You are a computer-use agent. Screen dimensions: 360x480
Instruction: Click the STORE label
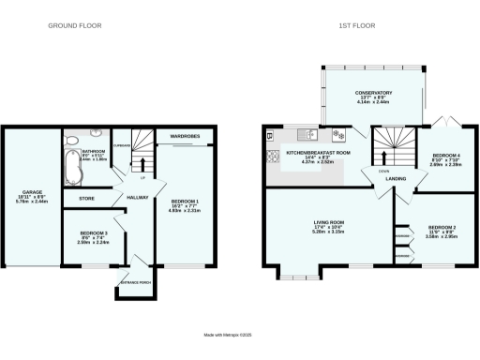85,198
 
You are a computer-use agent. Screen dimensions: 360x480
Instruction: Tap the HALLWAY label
138,197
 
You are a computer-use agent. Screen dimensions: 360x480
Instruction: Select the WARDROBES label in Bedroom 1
184,137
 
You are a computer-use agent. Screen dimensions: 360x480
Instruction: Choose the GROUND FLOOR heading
75,25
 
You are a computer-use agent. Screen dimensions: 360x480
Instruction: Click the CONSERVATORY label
373,93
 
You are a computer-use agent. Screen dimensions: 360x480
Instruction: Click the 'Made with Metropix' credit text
239,334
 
